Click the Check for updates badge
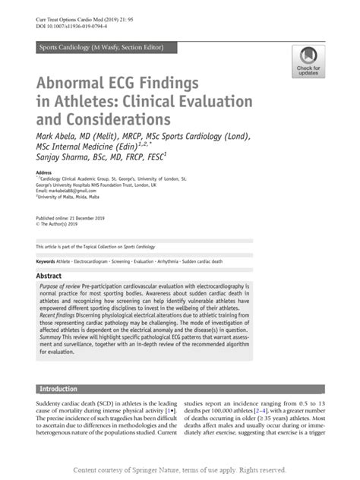click(308, 61)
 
